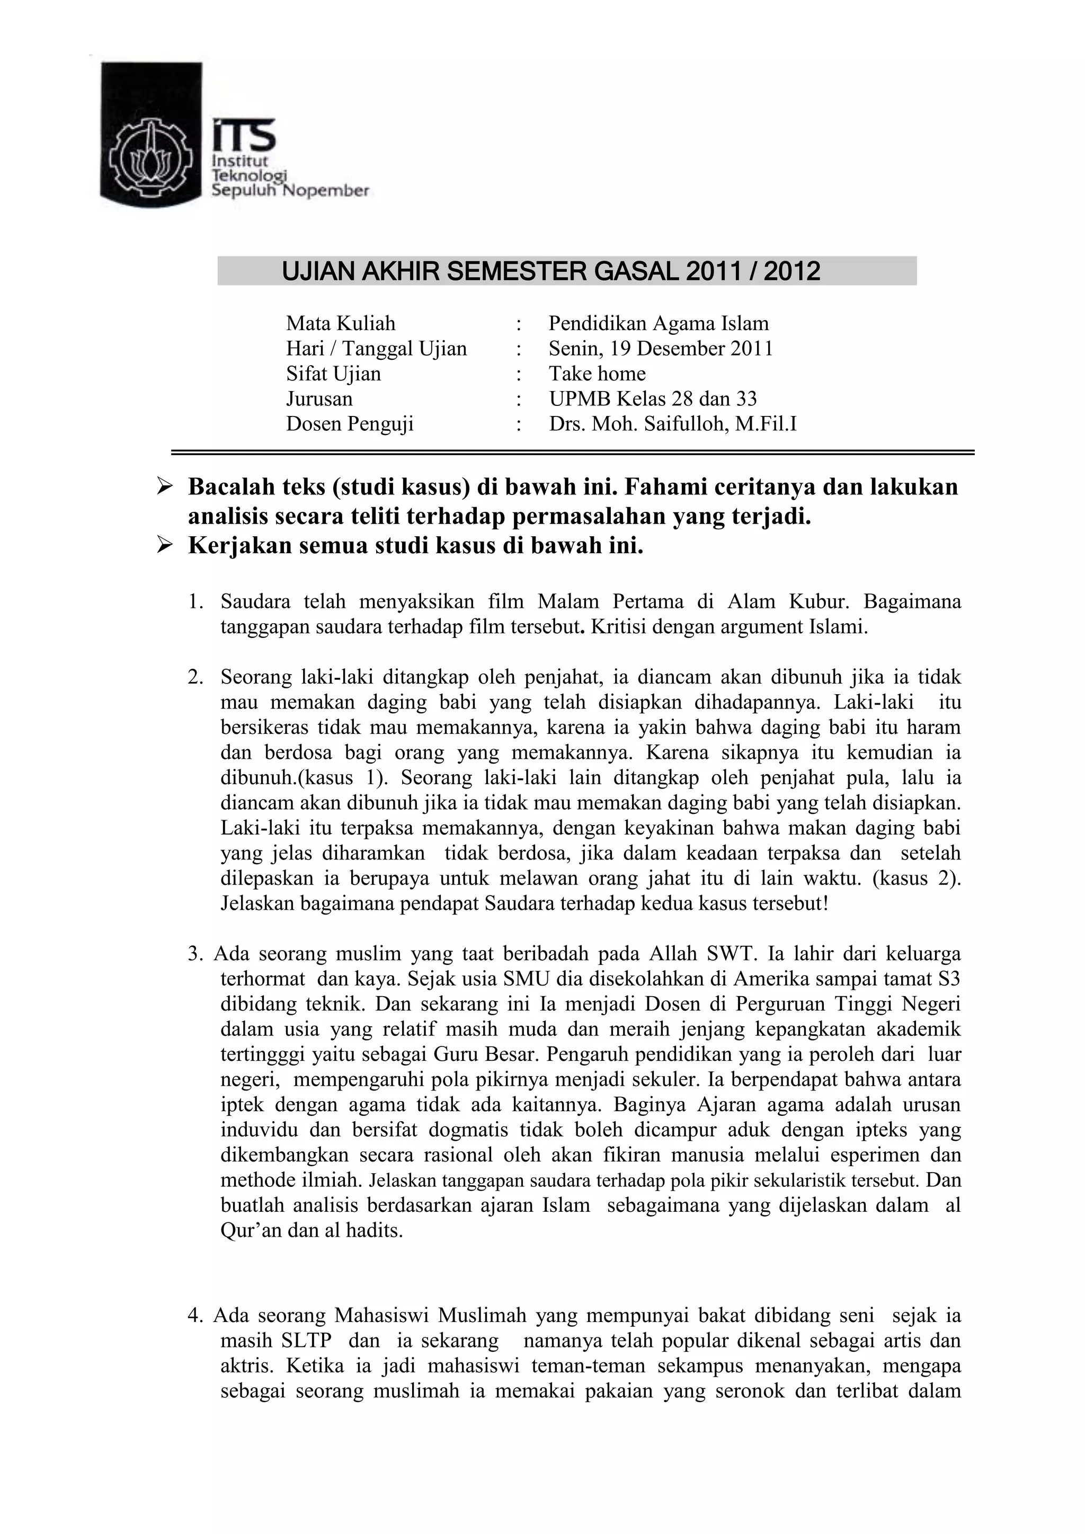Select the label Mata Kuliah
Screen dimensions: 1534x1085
pos(341,323)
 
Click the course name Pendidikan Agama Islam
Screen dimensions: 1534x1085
pos(659,323)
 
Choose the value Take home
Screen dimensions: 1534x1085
pos(597,374)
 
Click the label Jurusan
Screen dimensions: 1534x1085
pos(319,399)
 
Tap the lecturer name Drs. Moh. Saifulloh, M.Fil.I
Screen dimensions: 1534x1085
pos(673,423)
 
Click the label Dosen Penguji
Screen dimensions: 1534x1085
pos(350,423)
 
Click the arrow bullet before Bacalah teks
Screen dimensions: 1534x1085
pos(164,486)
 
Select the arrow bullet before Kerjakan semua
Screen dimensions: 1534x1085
pos(164,546)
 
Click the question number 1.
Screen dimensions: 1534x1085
pos(195,602)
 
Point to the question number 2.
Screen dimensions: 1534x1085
pos(195,678)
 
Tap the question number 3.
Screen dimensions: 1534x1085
pos(195,953)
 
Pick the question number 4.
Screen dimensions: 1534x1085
pos(195,1316)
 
